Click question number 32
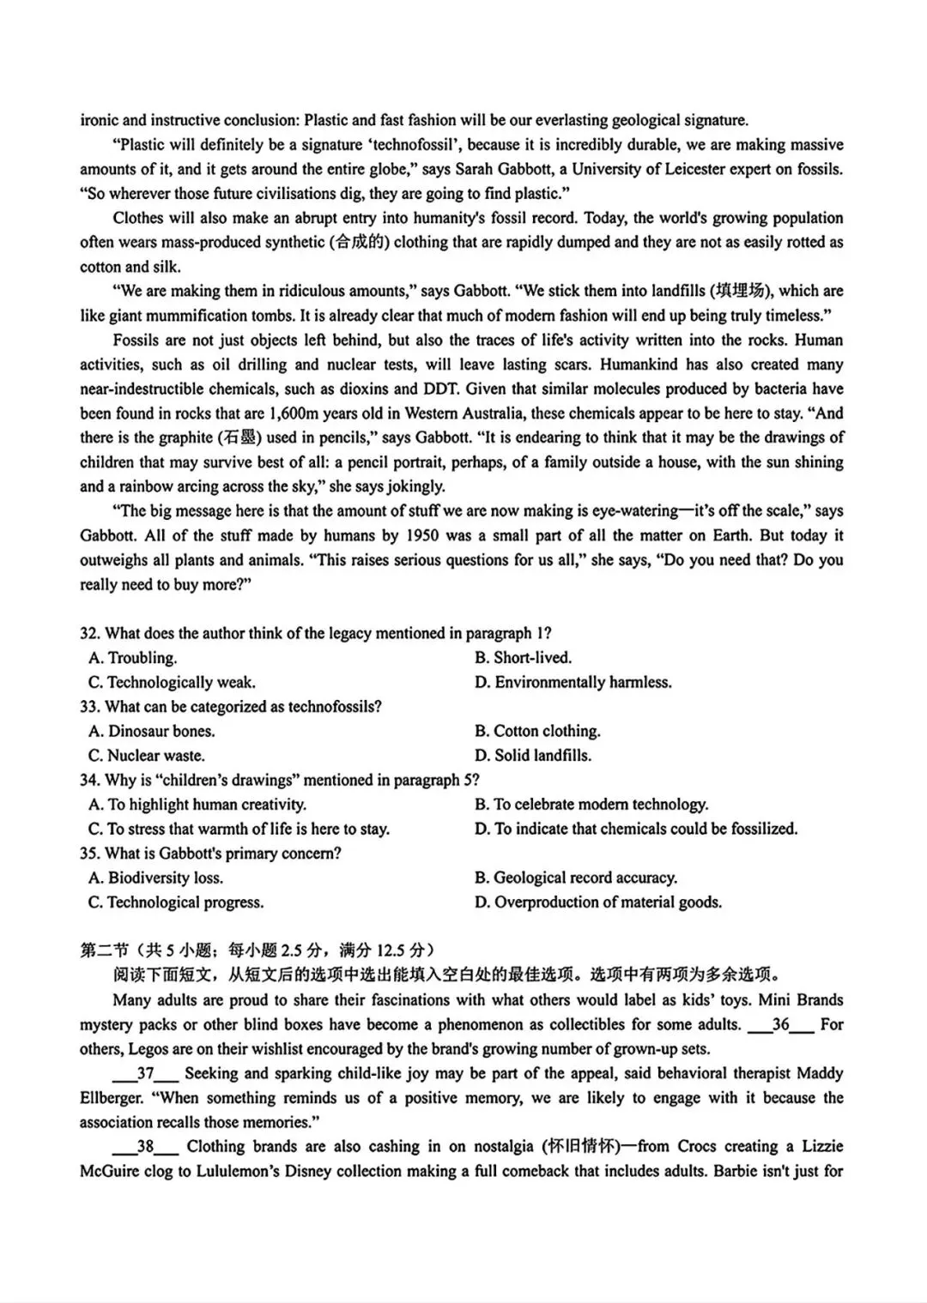coord(90,633)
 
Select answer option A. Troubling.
coord(133,658)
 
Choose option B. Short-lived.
coord(523,658)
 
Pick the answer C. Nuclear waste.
coord(147,756)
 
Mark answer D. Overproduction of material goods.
coord(598,902)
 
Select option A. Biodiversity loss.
coord(155,878)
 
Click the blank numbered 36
coord(780,1024)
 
